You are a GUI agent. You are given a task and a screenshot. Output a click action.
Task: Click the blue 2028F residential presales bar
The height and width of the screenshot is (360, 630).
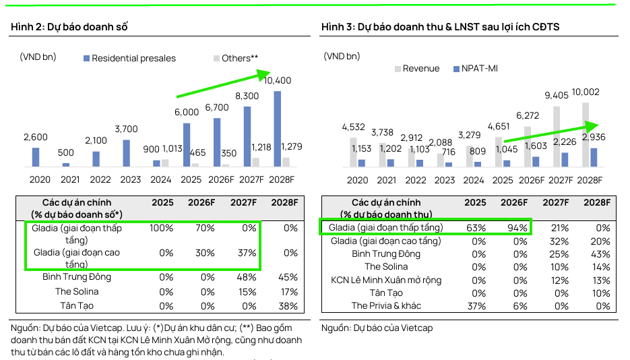click(277, 129)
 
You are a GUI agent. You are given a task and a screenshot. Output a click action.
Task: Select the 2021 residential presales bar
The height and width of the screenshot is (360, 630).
click(66, 164)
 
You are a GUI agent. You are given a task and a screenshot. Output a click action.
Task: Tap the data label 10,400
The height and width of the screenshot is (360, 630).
click(278, 80)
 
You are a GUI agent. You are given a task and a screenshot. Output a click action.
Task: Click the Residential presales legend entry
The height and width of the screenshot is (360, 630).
click(129, 58)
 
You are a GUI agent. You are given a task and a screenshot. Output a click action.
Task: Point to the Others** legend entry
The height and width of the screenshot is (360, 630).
click(236, 58)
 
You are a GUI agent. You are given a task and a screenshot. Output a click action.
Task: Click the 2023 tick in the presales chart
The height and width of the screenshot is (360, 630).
click(131, 179)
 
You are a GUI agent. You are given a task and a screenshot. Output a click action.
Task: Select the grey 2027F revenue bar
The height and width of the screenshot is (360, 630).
click(557, 137)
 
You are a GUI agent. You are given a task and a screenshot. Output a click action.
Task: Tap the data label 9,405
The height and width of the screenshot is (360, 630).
click(557, 95)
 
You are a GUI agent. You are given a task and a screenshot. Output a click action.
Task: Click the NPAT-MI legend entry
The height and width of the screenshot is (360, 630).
click(475, 69)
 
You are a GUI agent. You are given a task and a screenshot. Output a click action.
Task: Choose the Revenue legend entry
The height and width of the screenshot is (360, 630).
click(417, 69)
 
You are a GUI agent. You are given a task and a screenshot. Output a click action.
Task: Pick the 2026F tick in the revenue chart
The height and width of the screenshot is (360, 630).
click(532, 181)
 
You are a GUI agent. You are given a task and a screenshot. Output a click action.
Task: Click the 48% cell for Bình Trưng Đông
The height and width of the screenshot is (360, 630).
click(247, 277)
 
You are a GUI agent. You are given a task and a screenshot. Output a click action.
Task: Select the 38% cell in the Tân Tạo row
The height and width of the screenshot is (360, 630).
click(288, 306)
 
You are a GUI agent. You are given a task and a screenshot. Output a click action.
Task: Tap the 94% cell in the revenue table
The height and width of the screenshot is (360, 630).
click(517, 229)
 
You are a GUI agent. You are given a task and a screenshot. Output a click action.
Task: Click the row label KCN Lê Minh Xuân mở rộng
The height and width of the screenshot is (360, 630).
click(386, 280)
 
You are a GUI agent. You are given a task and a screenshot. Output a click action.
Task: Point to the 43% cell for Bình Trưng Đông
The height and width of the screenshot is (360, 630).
click(600, 254)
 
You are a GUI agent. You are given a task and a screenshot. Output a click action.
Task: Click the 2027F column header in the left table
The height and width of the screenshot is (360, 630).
click(243, 202)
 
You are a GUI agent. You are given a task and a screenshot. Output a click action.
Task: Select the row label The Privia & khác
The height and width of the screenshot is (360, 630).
click(386, 306)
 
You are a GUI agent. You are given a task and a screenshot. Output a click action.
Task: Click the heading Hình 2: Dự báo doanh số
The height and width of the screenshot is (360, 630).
click(69, 27)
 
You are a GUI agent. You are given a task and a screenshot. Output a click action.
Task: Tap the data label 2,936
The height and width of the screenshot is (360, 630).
click(594, 137)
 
